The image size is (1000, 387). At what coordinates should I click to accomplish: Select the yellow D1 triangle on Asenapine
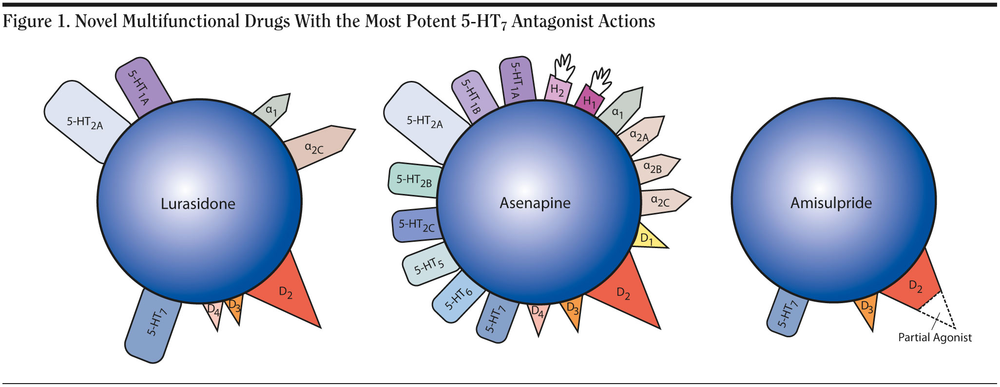coord(649,238)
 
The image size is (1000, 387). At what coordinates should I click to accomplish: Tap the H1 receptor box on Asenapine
coord(590,101)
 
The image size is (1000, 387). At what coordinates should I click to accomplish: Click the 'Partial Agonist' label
coord(935,337)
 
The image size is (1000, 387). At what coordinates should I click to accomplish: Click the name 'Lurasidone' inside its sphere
coord(198,203)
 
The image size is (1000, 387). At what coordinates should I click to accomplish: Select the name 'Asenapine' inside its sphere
coord(535,203)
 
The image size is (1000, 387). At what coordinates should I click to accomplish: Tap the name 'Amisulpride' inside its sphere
coord(831,203)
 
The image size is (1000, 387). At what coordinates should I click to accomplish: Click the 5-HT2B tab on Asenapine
coord(414,180)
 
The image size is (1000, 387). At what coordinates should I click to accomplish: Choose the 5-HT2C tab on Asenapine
coord(416,224)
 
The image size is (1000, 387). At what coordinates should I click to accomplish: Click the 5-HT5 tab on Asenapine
coord(428,266)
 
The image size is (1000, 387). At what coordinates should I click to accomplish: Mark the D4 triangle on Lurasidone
coord(213,312)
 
